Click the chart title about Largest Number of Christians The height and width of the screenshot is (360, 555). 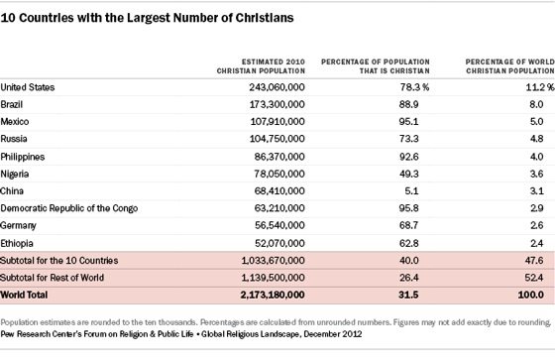point(148,18)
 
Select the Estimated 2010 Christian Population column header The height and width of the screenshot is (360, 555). point(261,66)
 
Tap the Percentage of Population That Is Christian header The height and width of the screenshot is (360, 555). point(376,66)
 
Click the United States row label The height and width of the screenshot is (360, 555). point(28,87)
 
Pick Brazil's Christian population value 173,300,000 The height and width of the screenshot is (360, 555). point(277,104)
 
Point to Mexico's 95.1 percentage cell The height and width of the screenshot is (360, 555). point(408,122)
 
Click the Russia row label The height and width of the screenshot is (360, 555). point(14,139)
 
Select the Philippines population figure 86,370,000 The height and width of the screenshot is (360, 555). point(279,157)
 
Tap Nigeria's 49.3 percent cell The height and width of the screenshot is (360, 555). point(408,174)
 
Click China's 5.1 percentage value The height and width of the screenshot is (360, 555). point(411,191)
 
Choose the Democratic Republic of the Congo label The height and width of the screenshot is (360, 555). point(69,208)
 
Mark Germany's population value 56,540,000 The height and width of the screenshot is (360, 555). point(279,225)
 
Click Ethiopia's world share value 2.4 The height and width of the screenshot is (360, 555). point(536,243)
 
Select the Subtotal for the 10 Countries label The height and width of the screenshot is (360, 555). point(59,261)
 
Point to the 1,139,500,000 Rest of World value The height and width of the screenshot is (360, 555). point(273,278)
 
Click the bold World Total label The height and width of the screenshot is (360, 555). point(24,295)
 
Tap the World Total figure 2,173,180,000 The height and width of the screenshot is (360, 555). point(273,295)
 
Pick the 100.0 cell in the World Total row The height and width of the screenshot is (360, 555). point(531,295)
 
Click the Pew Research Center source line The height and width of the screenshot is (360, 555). point(181,334)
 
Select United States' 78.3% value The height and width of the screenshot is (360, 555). point(414,87)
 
